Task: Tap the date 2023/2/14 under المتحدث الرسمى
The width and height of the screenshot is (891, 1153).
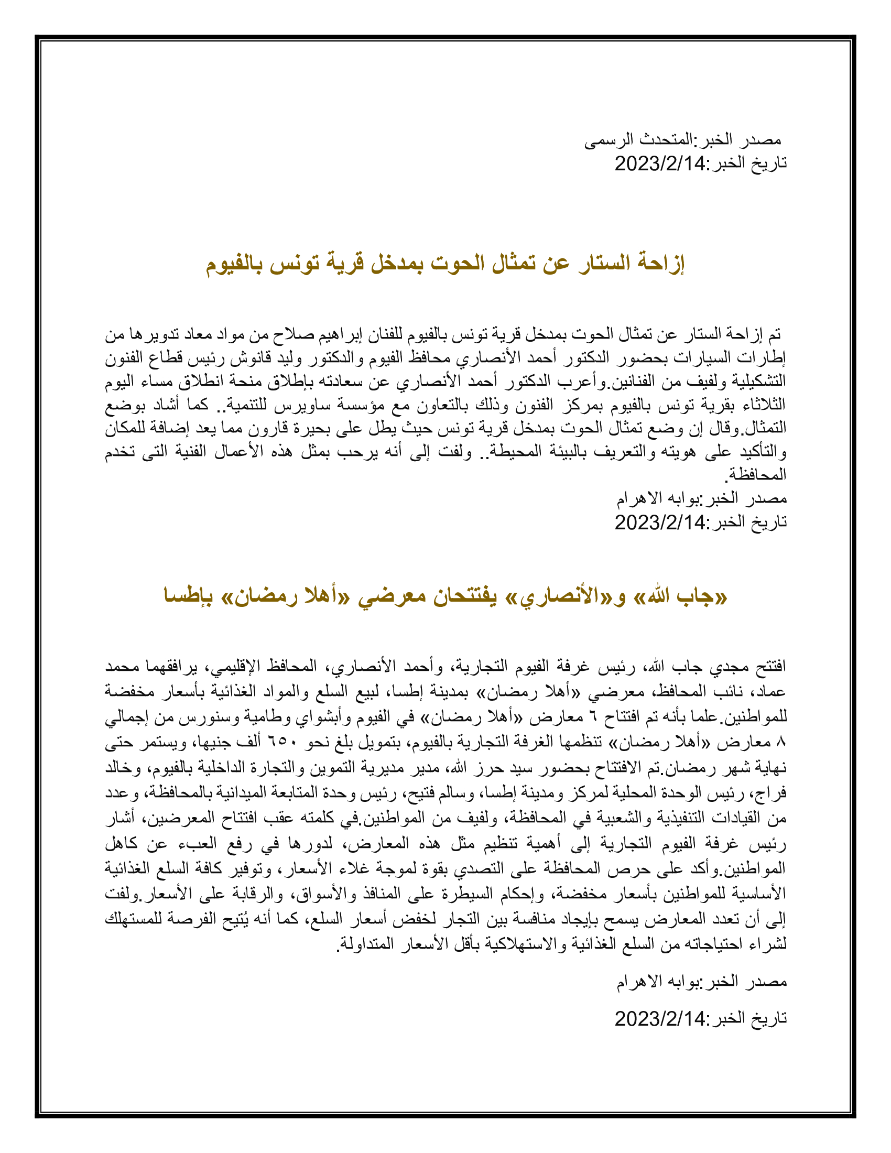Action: [660, 164]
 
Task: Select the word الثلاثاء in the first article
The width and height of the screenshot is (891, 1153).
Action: [764, 405]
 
